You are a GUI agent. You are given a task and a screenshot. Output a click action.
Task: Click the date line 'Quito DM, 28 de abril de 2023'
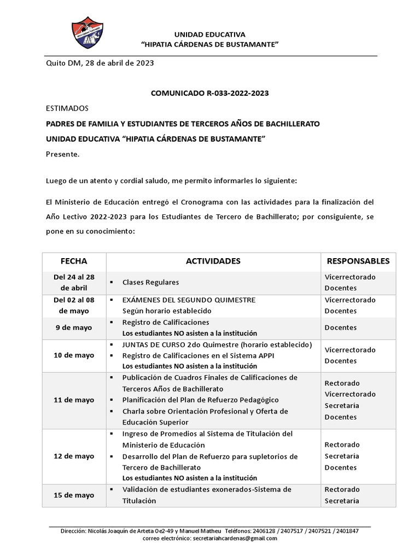click(99, 63)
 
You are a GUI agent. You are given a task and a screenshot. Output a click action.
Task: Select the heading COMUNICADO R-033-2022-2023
click(209, 94)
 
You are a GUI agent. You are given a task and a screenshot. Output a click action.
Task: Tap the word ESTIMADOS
click(67, 108)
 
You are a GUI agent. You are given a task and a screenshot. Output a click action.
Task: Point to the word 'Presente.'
click(62, 154)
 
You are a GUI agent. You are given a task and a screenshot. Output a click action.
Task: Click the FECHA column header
click(74, 261)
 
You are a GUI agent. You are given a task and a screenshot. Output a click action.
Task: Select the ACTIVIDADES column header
click(213, 261)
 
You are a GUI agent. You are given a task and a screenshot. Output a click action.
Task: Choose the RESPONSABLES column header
click(358, 261)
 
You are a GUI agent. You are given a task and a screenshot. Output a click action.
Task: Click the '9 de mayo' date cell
click(74, 328)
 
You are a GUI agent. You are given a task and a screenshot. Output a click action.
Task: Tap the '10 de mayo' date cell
click(74, 355)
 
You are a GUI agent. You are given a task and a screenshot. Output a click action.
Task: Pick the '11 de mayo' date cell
click(74, 400)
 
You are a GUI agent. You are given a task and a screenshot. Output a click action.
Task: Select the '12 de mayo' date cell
click(74, 456)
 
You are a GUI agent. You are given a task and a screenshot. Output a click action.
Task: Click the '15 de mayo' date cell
click(74, 495)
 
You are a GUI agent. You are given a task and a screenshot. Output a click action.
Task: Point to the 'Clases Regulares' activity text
click(150, 282)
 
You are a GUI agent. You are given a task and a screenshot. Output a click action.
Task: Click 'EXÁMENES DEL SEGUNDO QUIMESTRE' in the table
click(189, 300)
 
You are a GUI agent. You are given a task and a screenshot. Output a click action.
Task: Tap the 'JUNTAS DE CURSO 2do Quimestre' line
click(217, 345)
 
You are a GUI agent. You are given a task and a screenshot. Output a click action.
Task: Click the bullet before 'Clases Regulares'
click(111, 282)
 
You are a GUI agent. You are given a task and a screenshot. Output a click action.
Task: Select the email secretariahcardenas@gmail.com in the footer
click(235, 538)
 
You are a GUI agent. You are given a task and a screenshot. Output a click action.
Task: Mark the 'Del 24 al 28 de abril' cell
click(74, 282)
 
